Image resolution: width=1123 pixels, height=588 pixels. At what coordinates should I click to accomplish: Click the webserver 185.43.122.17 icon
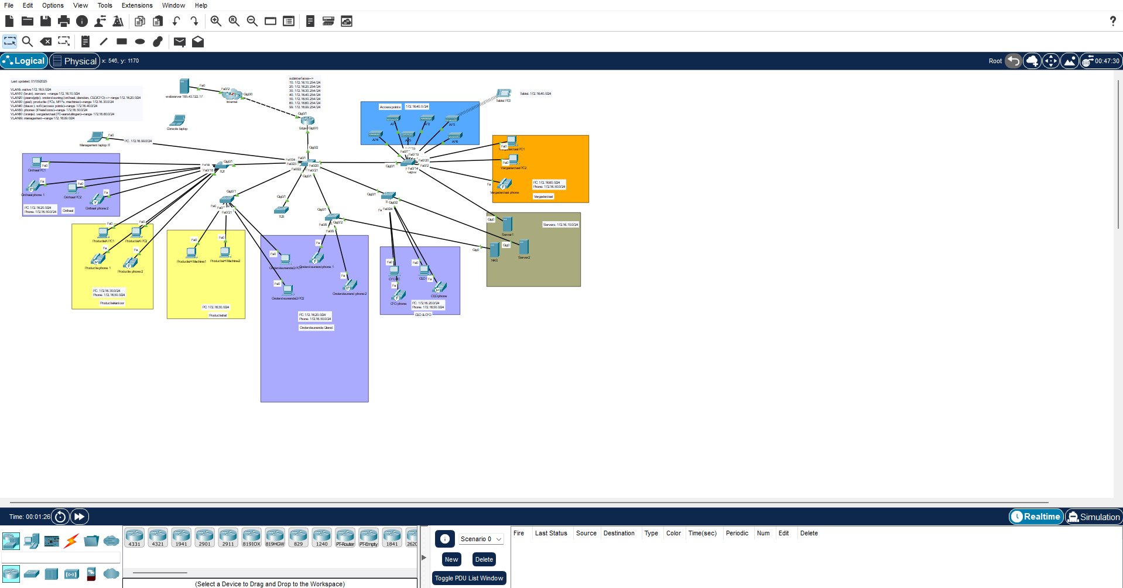point(184,86)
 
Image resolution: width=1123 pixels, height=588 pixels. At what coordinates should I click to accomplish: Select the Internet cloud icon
point(232,94)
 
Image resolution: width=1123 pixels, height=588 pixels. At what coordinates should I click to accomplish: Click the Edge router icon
point(307,121)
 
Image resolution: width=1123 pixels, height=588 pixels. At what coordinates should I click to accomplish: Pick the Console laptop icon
point(177,121)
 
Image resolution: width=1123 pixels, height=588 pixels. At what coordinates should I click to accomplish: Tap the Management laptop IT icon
point(95,137)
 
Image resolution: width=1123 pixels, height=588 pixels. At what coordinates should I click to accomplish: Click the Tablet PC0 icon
point(504,94)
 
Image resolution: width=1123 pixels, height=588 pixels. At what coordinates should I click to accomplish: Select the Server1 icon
point(508,224)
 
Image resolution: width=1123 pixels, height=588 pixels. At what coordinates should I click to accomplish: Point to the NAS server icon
point(495,250)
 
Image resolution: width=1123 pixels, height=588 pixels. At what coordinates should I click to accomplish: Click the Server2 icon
point(524,247)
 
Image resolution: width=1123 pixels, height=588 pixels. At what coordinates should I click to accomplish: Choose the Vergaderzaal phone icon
point(504,185)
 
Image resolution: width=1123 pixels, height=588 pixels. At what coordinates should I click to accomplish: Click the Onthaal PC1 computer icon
point(37,162)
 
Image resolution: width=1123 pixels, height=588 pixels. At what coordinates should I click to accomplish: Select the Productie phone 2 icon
point(131,263)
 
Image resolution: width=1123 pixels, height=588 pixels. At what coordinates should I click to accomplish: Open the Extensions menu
point(137,5)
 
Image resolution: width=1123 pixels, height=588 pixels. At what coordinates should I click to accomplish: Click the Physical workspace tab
point(75,61)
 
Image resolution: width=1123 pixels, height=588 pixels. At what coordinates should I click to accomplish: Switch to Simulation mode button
point(1093,517)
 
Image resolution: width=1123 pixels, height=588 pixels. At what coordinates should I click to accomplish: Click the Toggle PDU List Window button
point(469,578)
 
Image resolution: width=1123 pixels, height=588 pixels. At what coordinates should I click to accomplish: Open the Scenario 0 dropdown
point(481,539)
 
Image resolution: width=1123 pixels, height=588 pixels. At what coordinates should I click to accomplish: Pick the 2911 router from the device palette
point(228,537)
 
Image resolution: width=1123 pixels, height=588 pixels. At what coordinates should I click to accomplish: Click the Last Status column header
point(551,533)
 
